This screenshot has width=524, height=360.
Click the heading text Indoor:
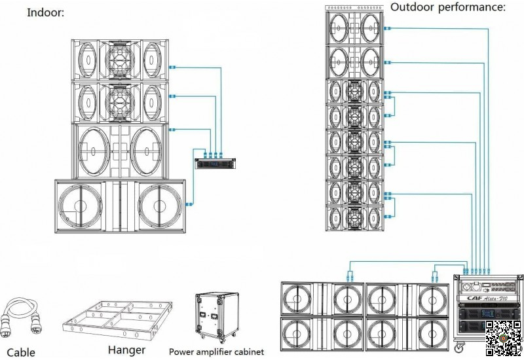[45, 12]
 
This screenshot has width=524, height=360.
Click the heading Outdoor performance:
[448, 7]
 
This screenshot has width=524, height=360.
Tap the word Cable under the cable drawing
[21, 353]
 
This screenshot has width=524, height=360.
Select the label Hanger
[126, 350]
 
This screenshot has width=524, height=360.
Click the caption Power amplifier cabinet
[216, 351]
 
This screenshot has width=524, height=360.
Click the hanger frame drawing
[118, 320]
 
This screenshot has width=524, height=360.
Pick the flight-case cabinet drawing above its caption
[216, 317]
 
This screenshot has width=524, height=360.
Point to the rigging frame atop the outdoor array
[354, 8]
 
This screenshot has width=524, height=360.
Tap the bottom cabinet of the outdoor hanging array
[354, 217]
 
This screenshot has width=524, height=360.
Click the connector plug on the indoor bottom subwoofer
[189, 204]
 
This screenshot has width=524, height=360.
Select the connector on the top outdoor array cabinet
[387, 29]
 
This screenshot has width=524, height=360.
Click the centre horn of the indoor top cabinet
[119, 60]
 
